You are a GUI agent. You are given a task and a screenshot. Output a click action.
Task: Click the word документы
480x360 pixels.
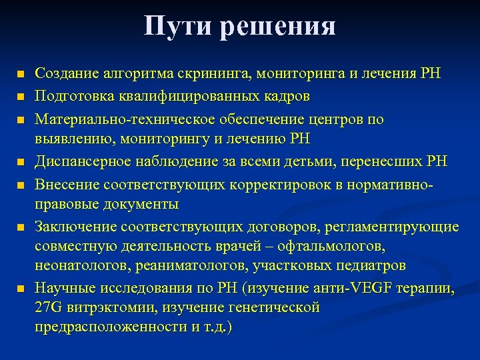(143, 203)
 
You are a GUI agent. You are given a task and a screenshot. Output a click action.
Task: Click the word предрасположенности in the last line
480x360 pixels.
(110, 329)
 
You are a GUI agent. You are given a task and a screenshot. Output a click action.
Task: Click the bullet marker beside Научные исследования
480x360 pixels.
(21, 289)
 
